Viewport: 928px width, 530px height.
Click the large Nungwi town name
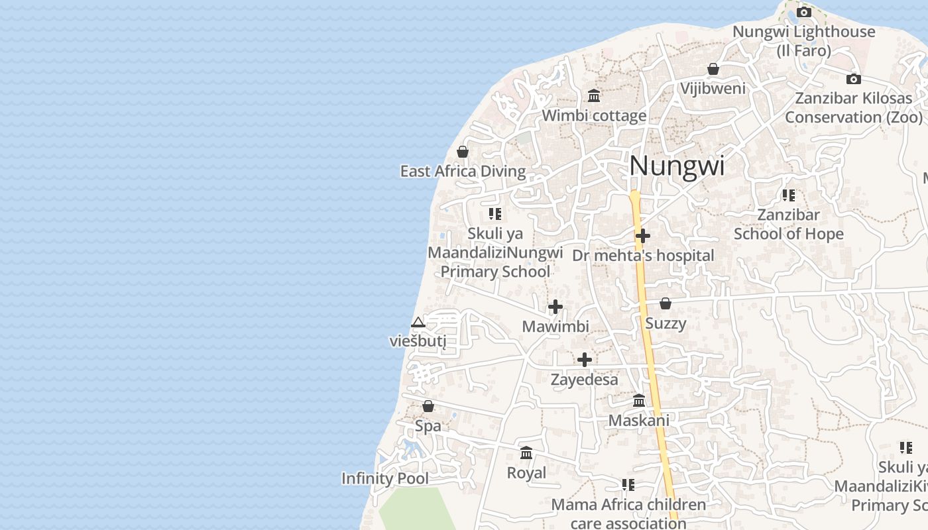677,166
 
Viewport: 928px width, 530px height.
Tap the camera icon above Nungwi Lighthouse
804,13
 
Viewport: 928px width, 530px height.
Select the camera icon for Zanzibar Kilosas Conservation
854,79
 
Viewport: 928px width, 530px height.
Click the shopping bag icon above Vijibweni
713,69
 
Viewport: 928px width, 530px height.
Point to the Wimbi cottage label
594,115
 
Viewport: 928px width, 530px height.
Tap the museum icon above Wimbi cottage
594,96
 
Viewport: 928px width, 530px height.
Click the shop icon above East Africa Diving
463,152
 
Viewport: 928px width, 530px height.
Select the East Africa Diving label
463,172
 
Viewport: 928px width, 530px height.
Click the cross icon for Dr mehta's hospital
642,236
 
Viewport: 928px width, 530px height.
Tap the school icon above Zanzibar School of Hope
788,195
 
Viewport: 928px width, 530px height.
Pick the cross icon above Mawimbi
555,307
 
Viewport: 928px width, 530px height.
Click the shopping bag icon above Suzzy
666,303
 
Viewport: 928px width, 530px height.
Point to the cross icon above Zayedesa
585,360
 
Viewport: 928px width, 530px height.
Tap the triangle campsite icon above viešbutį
418,323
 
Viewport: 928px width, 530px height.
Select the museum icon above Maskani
639,401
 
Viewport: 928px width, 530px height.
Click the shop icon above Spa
428,406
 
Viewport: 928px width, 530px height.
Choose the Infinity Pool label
385,478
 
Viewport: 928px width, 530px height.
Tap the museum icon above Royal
526,453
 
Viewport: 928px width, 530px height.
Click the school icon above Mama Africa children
628,485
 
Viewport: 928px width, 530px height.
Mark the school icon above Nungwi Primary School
495,214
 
